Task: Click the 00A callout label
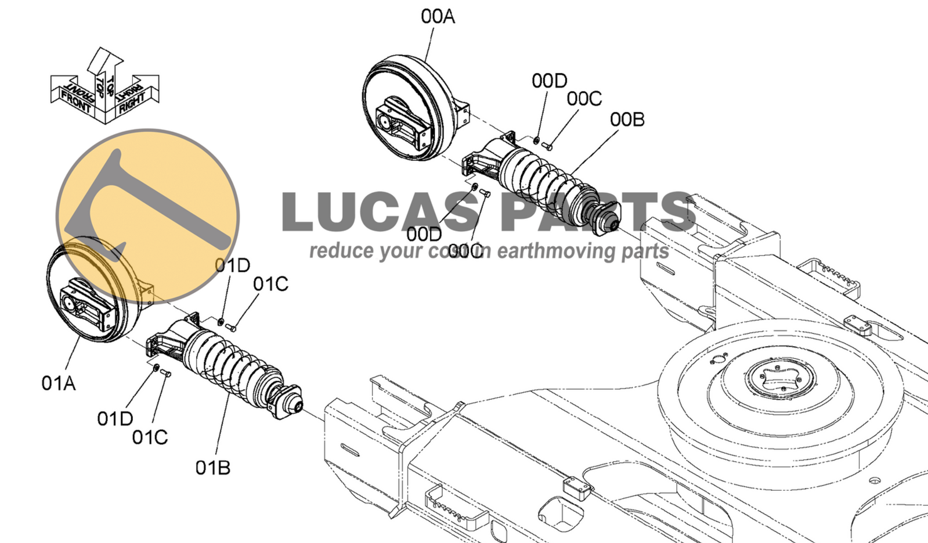tap(438, 17)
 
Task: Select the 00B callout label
tap(627, 120)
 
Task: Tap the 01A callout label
tap(59, 383)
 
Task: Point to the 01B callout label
tap(212, 468)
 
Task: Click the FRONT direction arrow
tap(73, 96)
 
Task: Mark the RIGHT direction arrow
tap(137, 96)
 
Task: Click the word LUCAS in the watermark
tap(382, 213)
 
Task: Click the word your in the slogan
tap(400, 251)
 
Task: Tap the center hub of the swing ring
tap(781, 377)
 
